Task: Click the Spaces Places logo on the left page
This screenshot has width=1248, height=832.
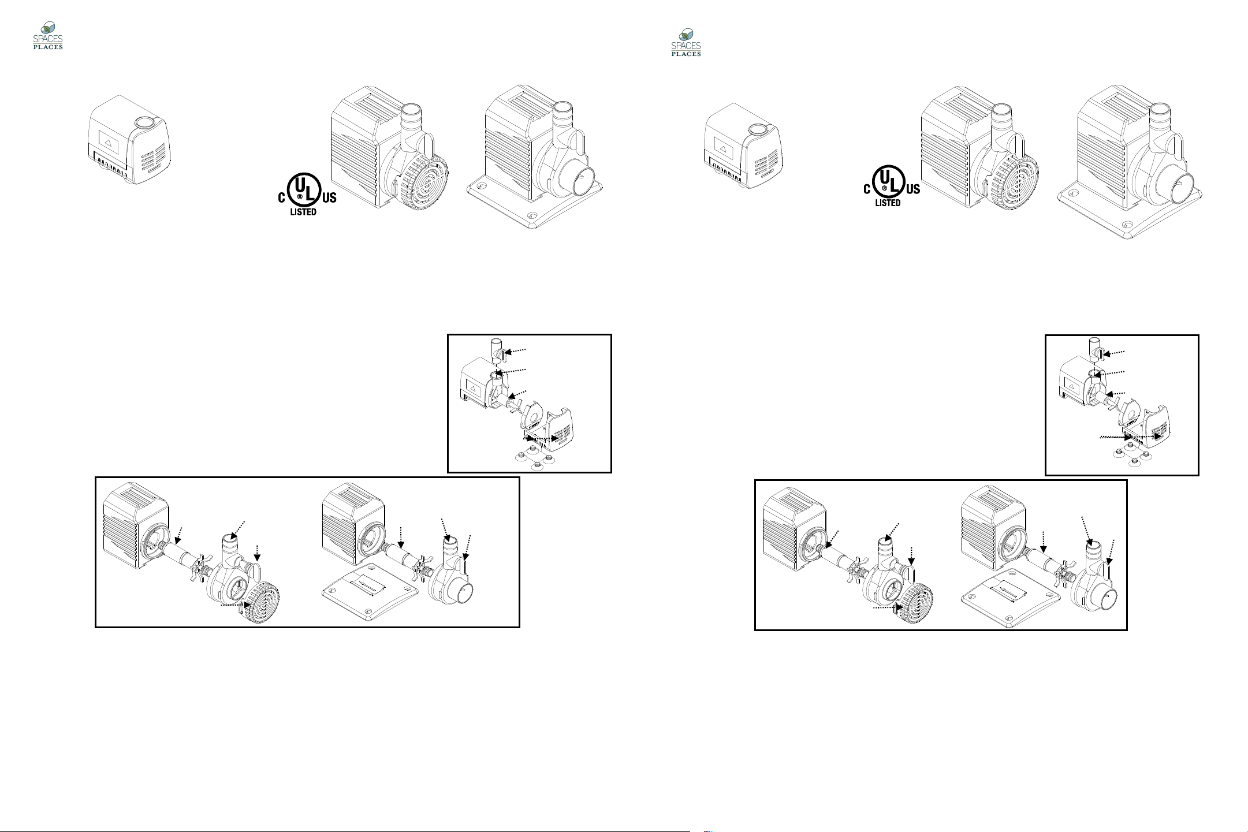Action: click(48, 36)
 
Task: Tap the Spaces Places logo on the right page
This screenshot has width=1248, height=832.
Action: click(686, 42)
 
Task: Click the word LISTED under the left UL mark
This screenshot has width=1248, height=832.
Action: click(303, 212)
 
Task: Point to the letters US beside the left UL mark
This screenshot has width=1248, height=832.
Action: click(329, 198)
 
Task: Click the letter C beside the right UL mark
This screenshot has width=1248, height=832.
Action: click(867, 189)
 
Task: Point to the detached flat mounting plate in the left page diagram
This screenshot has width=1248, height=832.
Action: click(370, 592)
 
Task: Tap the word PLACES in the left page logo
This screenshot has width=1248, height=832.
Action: click(48, 47)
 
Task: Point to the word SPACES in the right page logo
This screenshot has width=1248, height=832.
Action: click(686, 46)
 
